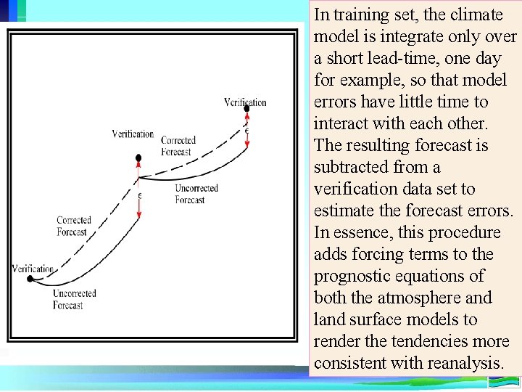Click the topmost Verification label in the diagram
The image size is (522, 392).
click(245, 102)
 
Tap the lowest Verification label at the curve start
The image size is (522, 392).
click(33, 269)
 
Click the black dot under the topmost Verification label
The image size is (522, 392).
click(246, 109)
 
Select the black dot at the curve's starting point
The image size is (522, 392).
click(30, 278)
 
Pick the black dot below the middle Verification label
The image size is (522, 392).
click(138, 157)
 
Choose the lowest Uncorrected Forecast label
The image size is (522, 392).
click(74, 299)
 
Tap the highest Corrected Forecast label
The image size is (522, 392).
click(178, 146)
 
